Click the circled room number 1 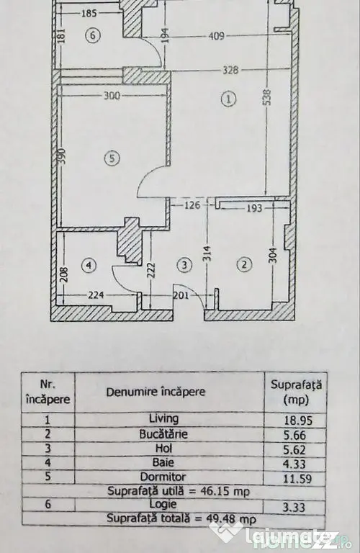coord(228,99)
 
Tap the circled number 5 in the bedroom coord(112,158)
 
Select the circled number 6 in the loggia coord(93,35)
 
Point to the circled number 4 coord(89,265)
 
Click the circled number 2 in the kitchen coord(245,264)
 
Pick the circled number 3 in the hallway coord(185,264)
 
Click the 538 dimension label coord(267,97)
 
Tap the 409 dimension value coord(216,35)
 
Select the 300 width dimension coord(112,96)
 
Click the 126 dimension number coord(192,205)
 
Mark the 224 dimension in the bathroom coord(96,295)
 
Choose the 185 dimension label coord(89,14)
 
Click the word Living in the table coord(164,418)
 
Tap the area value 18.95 coord(299,421)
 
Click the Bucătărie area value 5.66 coord(295,435)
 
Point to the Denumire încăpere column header coord(156,392)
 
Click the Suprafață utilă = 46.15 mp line coord(179,491)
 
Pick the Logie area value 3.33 coord(294,508)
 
